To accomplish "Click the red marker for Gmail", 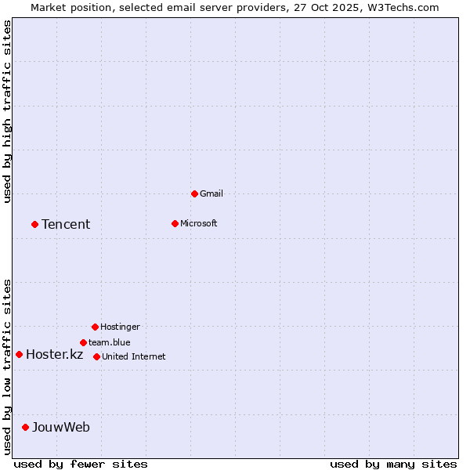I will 194,193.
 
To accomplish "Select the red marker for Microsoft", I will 175,223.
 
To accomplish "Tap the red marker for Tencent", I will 34,224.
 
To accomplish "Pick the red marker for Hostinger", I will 95,327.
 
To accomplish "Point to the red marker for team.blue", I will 83,342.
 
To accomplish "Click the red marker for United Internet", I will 96,356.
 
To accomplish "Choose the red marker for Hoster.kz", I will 19,354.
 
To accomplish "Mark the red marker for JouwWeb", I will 25,427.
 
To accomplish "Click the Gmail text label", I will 211,193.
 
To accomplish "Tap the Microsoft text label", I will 199,223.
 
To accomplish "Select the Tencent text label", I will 66,225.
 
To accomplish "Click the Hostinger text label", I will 120,327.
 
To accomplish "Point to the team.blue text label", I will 110,342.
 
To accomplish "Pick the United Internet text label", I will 134,356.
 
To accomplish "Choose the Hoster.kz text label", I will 54,355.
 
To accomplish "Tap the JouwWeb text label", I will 61,428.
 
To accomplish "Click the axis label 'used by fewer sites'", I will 81,464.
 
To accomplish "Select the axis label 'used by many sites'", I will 393,464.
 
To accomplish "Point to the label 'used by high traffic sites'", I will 7,111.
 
